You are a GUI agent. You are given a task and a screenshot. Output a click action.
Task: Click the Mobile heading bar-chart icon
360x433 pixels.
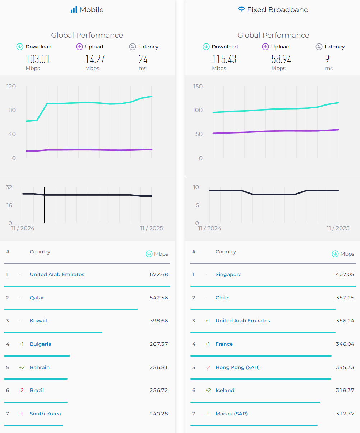[x=74, y=10]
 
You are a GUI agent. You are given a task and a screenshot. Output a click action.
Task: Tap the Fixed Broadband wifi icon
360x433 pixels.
[x=241, y=10]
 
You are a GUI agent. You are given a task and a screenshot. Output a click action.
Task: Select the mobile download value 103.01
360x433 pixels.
[x=38, y=59]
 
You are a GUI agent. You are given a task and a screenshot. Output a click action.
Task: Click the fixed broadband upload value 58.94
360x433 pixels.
[x=281, y=59]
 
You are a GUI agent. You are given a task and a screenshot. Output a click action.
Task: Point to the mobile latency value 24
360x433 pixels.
[x=143, y=59]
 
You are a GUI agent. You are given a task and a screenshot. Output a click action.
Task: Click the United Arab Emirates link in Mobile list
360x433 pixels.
[x=57, y=274]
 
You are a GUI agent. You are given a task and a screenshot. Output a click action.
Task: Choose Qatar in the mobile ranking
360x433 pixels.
[x=37, y=298]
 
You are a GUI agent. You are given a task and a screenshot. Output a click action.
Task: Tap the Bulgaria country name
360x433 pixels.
[x=40, y=344]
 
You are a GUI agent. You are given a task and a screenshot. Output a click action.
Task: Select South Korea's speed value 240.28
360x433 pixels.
[x=158, y=414]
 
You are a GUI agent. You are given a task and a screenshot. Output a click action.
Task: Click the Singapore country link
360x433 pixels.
[x=229, y=274]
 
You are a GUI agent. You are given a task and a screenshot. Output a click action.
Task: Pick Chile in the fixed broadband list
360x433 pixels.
[x=222, y=298]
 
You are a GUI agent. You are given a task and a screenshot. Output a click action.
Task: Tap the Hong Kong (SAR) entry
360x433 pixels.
[x=237, y=367]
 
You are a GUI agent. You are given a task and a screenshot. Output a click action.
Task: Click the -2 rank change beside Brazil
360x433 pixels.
[x=21, y=390]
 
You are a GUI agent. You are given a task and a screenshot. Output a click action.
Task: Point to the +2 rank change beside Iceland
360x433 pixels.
[x=208, y=390]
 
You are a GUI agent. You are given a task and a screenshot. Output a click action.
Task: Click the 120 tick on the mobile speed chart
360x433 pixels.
[x=11, y=86]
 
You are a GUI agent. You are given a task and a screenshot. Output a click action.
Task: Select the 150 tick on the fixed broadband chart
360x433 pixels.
[x=198, y=86]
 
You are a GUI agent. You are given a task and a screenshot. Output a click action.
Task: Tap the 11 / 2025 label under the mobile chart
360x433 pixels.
[x=152, y=228]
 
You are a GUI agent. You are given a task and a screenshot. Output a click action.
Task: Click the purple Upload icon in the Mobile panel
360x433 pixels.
[x=79, y=47]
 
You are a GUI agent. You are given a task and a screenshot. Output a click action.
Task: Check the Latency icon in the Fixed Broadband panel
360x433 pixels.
[x=319, y=47]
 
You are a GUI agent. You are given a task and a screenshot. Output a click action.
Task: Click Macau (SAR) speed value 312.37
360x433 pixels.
[x=345, y=414]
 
